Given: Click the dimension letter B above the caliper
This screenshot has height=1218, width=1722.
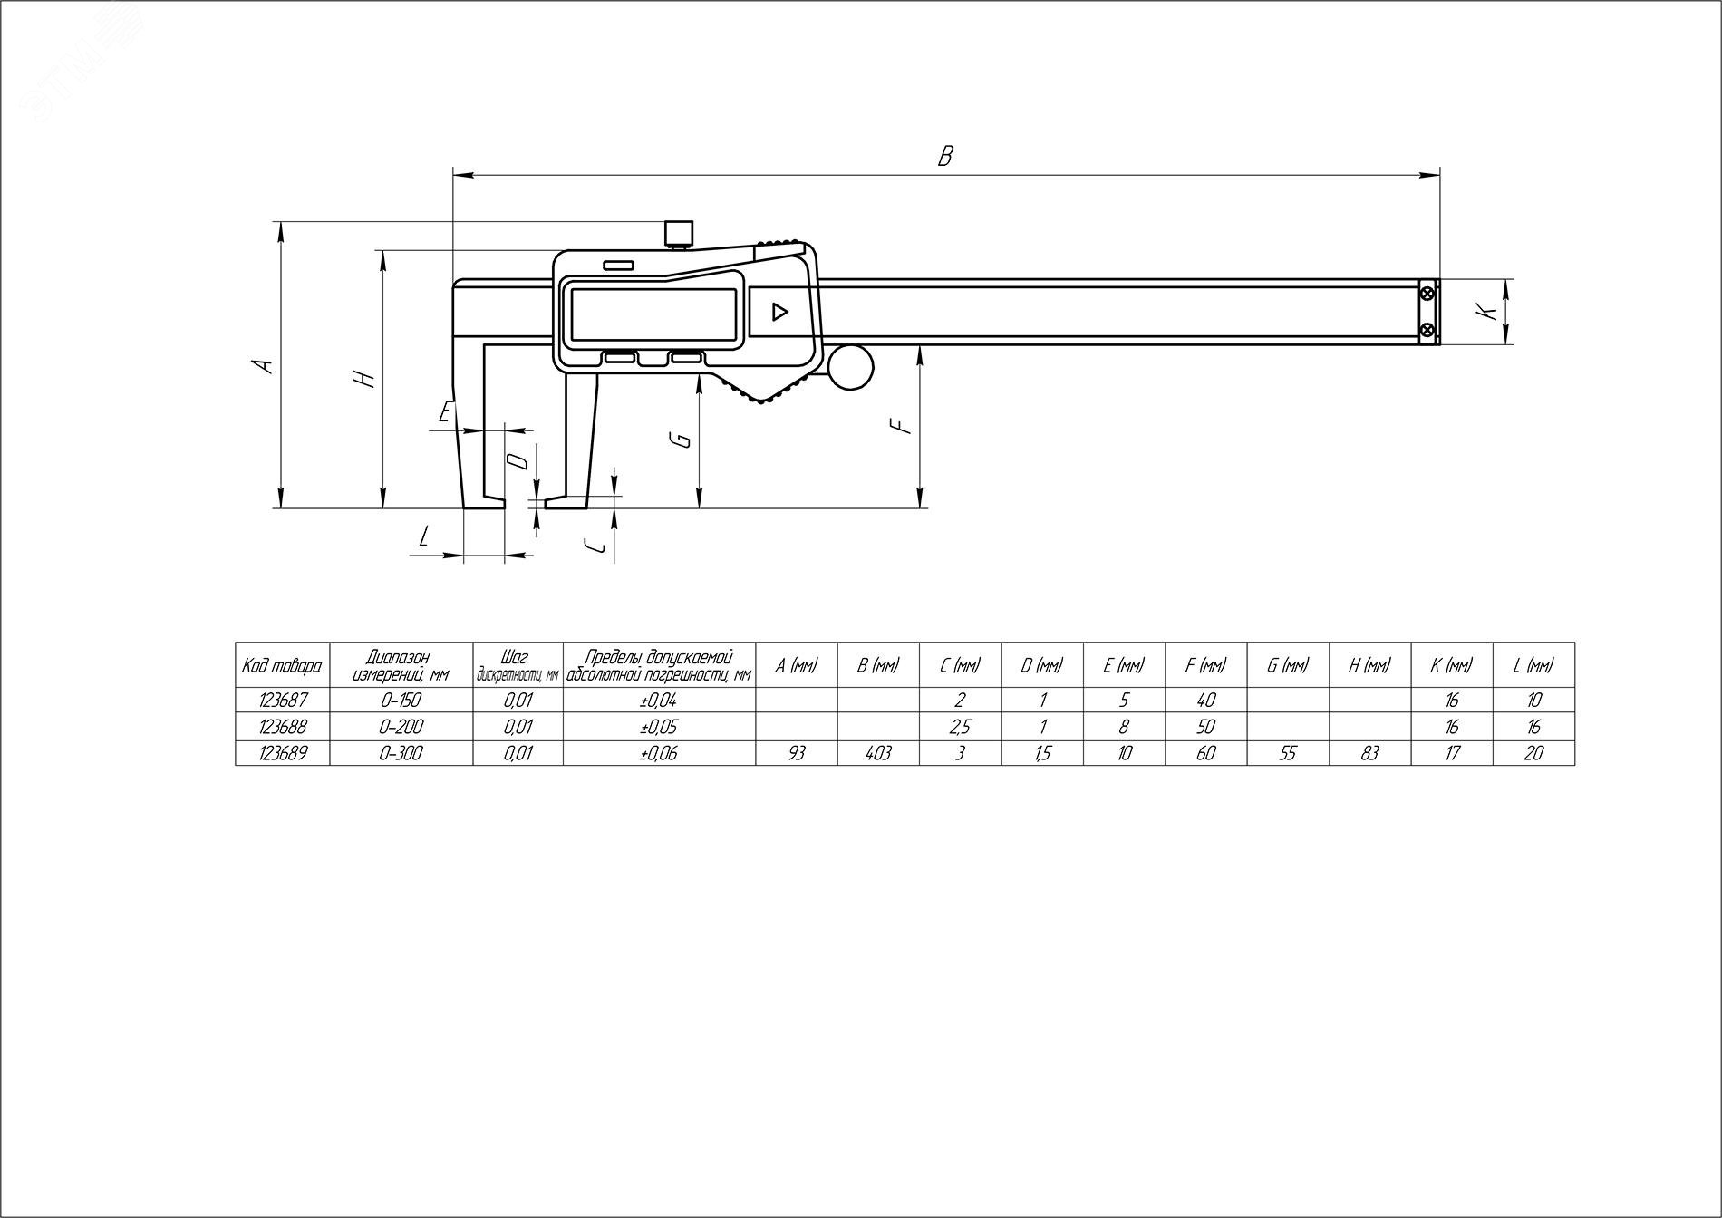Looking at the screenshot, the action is pos(945,156).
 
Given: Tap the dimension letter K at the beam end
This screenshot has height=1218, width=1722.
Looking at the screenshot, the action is pos(1485,311).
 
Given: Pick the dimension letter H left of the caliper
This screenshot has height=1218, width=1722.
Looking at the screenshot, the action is pos(364,379).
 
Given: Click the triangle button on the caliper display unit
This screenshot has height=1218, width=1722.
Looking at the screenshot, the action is pos(778,313).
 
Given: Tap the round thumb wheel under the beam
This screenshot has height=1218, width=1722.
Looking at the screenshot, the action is pos(850,367).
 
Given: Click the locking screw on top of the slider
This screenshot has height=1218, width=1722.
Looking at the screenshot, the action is pos(678,233).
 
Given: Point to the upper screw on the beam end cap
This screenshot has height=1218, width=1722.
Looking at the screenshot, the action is pos(1428,293).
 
